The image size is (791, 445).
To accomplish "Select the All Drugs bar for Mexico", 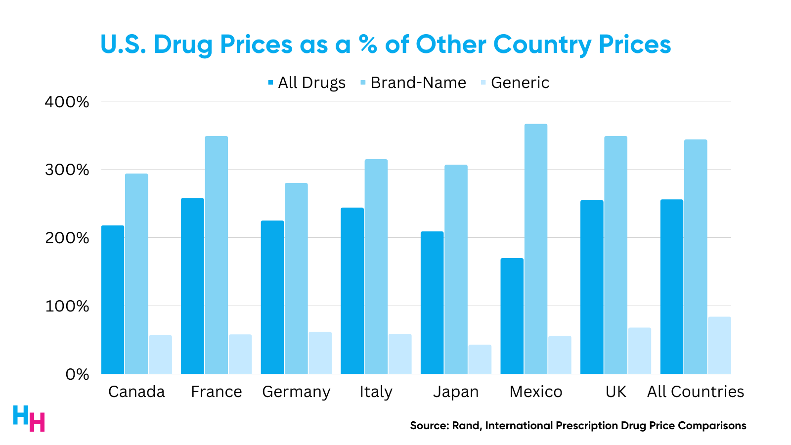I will pyautogui.click(x=512, y=316).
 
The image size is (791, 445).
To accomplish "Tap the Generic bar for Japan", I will pyautogui.click(x=480, y=359).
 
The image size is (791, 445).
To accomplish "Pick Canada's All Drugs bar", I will pyautogui.click(x=113, y=300).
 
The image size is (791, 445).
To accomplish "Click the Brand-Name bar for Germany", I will pyautogui.click(x=296, y=278).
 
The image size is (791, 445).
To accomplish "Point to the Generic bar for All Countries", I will pyautogui.click(x=719, y=345).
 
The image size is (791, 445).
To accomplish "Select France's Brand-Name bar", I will pyautogui.click(x=217, y=255).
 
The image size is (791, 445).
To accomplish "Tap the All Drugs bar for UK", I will pyautogui.click(x=592, y=287).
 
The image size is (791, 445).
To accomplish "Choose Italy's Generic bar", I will pyautogui.click(x=400, y=354).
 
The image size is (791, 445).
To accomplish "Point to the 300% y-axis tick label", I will pyautogui.click(x=67, y=170).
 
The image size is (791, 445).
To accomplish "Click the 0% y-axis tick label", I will pyautogui.click(x=77, y=374).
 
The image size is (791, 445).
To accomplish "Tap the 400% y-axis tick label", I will pyautogui.click(x=67, y=102).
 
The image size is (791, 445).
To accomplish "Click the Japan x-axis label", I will pyautogui.click(x=456, y=392).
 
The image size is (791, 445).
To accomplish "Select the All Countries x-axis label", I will pyautogui.click(x=696, y=392).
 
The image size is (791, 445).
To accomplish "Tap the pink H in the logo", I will pyautogui.click(x=37, y=422).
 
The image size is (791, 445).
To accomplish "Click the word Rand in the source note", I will pyautogui.click(x=466, y=426).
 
